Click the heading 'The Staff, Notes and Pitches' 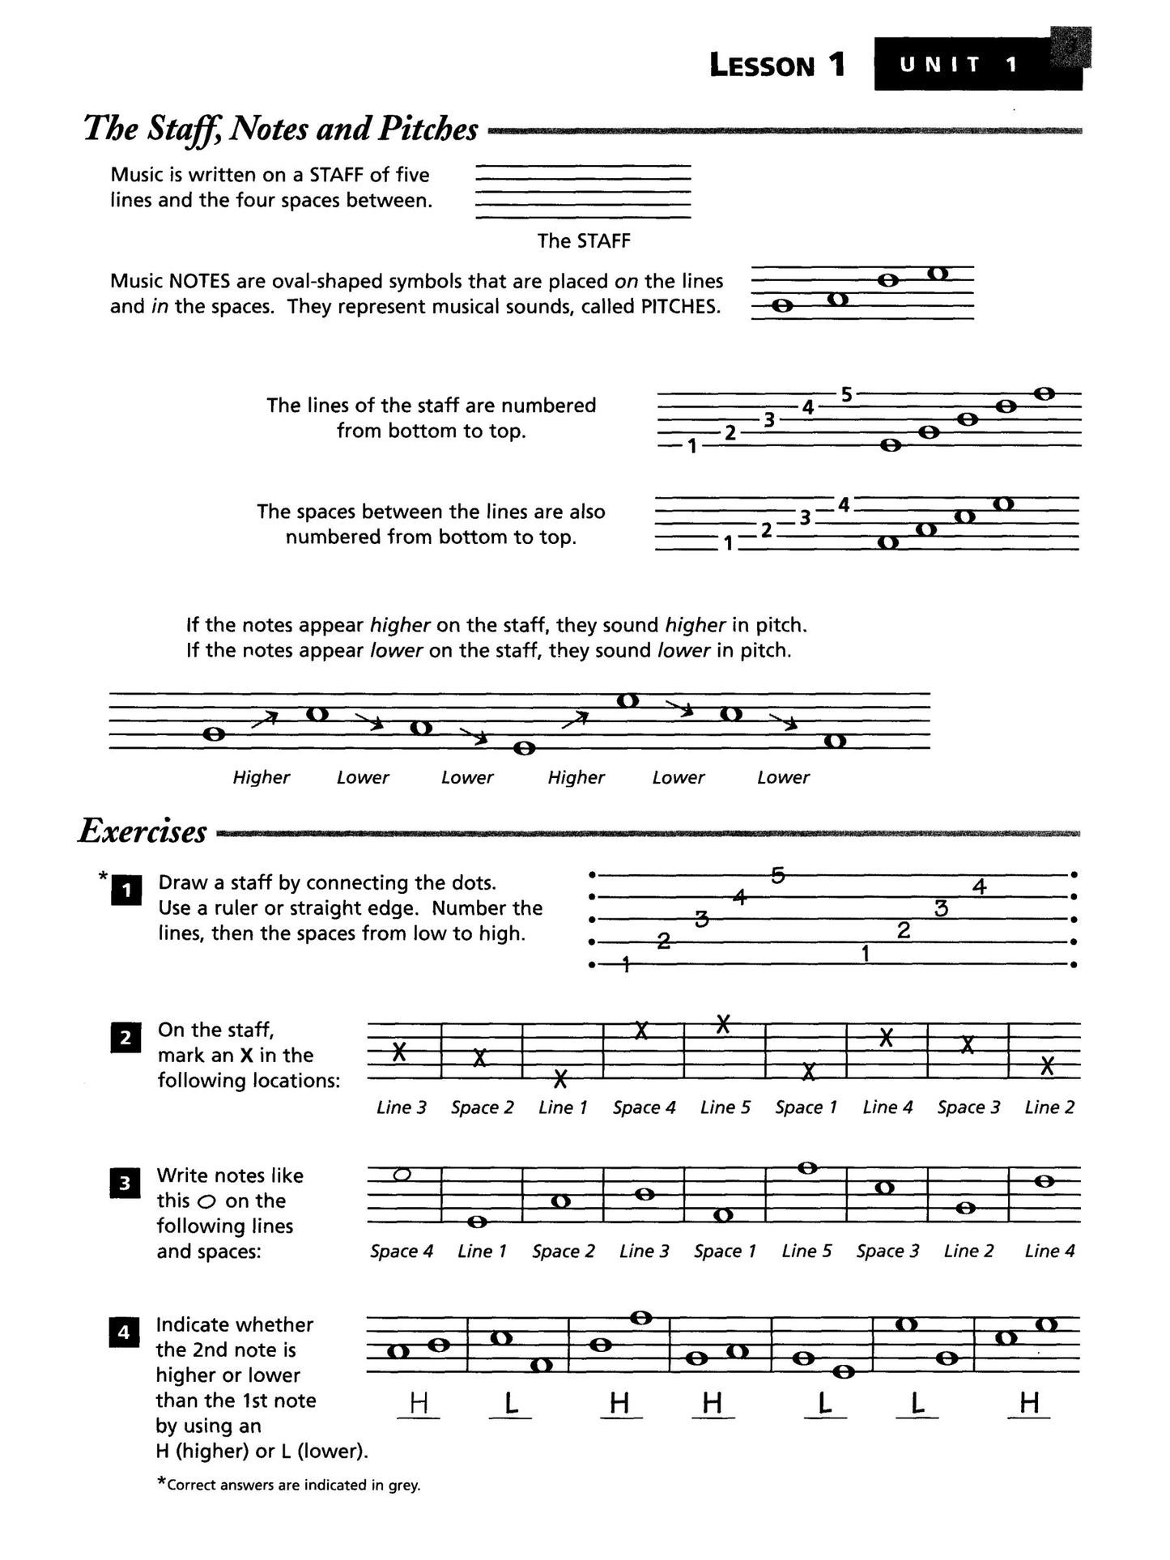point(281,129)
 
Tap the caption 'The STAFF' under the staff point(583,240)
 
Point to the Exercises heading point(143,831)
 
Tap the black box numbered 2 point(126,1037)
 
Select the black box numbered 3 point(125,1183)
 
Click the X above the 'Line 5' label point(724,1024)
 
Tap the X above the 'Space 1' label point(806,1072)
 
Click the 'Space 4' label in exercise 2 point(644,1107)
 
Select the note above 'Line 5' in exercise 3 point(806,1168)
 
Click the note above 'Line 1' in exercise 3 point(478,1221)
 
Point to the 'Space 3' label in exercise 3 point(887,1251)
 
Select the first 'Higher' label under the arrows point(261,777)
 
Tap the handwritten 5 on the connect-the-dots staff point(777,875)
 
